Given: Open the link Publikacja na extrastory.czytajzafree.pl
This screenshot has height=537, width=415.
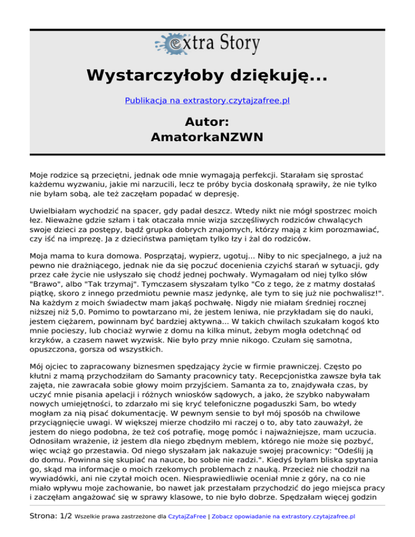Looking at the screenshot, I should tap(207, 100).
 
